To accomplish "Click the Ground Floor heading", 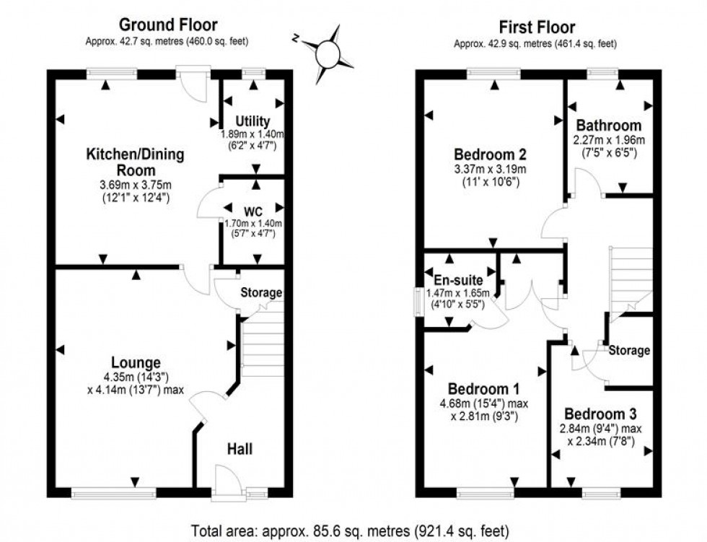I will click(168, 26).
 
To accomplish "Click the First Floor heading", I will click(535, 27).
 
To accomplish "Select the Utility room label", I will click(252, 121).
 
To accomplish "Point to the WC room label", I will click(252, 212).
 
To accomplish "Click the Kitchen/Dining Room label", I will click(136, 162).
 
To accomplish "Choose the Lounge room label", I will click(136, 362).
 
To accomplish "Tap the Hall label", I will click(240, 449).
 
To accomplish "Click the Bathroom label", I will click(607, 126).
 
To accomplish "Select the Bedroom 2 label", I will click(490, 154).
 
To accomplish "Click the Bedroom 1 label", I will click(480, 387).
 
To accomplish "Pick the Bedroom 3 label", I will click(600, 414).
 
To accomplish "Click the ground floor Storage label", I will click(261, 293).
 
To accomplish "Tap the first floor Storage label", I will click(629, 351).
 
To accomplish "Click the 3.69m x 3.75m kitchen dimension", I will click(136, 185).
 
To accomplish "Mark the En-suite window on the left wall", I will click(416, 301).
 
